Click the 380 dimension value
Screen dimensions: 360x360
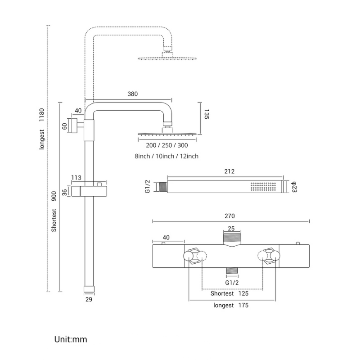(x=132, y=94)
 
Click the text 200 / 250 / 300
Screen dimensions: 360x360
(x=167, y=145)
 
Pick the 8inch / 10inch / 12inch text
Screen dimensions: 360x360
(x=166, y=156)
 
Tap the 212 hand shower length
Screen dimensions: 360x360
(x=229, y=171)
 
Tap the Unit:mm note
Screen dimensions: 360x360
(x=71, y=339)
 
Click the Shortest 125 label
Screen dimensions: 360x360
(x=230, y=294)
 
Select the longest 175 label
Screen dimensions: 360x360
(x=230, y=306)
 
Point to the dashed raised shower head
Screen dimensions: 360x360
(x=167, y=58)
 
